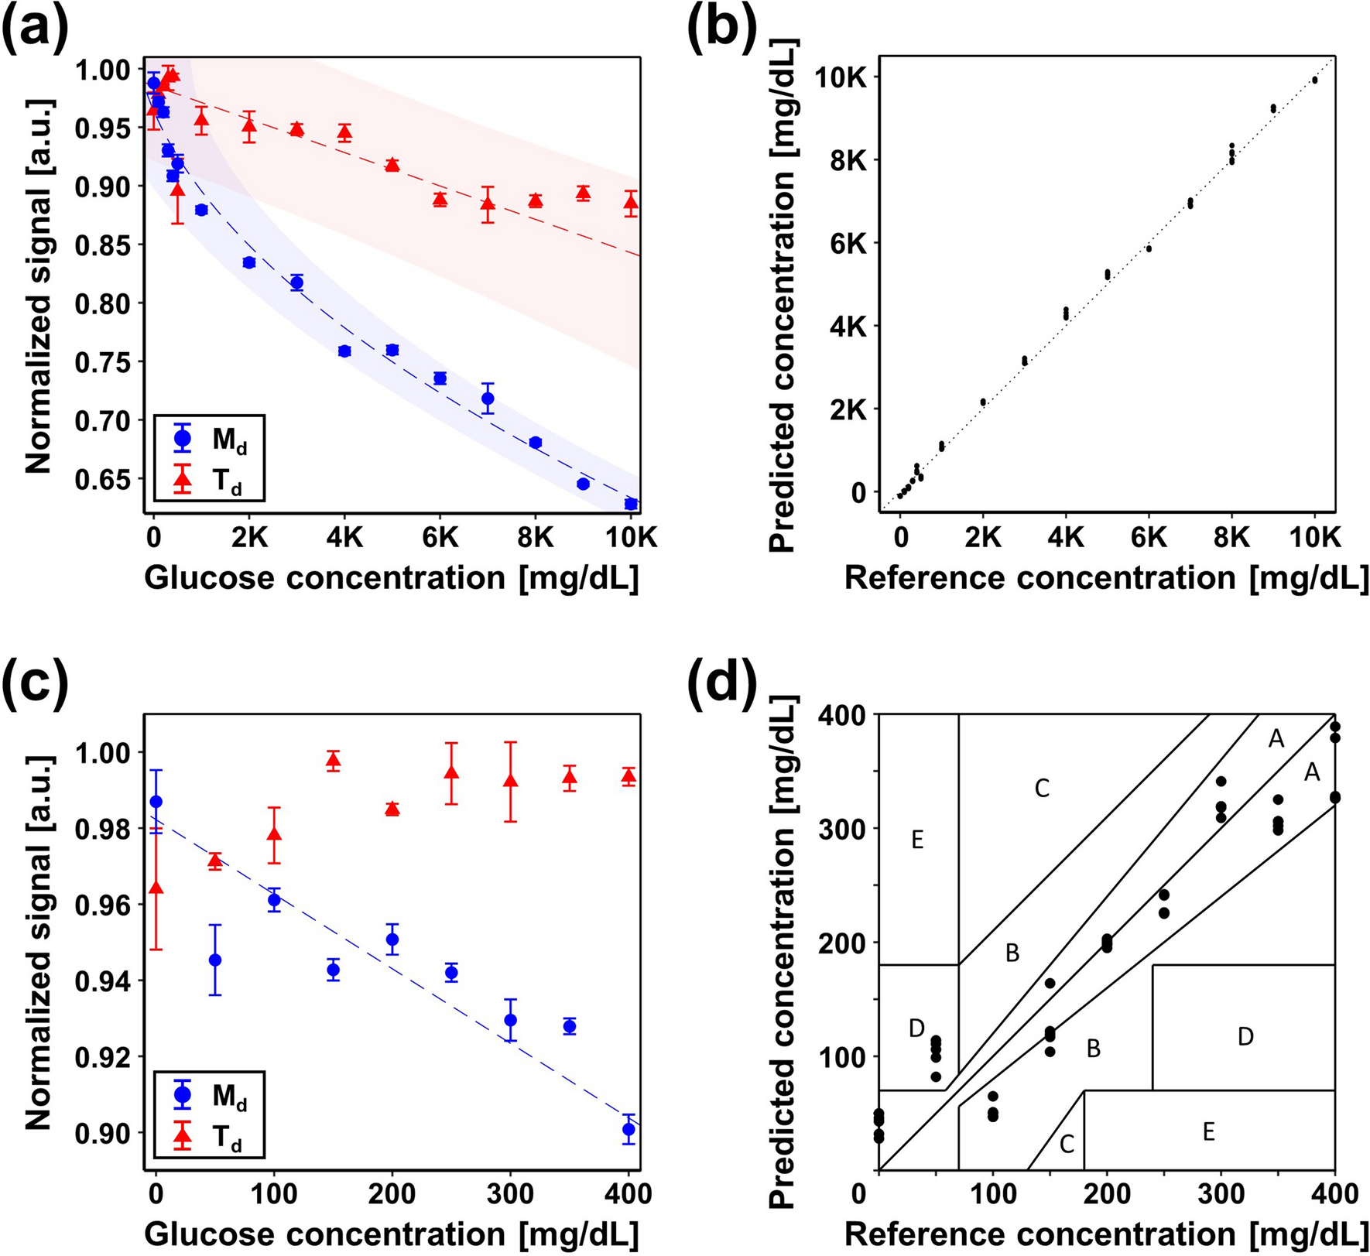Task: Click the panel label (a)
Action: pyautogui.click(x=35, y=29)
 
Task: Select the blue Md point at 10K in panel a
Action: pyautogui.click(x=631, y=504)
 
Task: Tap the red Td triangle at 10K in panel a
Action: pyautogui.click(x=631, y=204)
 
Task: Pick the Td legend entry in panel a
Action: pyautogui.click(x=209, y=479)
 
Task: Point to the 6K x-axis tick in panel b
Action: pyautogui.click(x=1149, y=537)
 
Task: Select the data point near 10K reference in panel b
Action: pyautogui.click(x=1314, y=80)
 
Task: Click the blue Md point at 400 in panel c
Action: pyautogui.click(x=628, y=1129)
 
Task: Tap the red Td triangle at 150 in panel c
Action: pyautogui.click(x=333, y=761)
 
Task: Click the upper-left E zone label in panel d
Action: pyautogui.click(x=917, y=840)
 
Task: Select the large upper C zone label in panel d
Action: pyautogui.click(x=1042, y=789)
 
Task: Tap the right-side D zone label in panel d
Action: pyautogui.click(x=1245, y=1036)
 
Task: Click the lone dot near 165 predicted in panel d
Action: pyautogui.click(x=1050, y=983)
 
